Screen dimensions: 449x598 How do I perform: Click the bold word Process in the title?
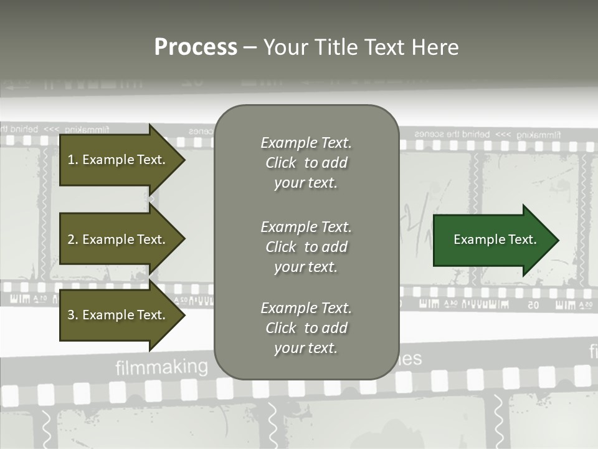point(196,47)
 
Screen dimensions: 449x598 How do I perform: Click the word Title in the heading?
point(336,47)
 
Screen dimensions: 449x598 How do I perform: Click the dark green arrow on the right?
point(492,239)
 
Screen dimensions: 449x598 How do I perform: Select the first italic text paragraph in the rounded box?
point(306,163)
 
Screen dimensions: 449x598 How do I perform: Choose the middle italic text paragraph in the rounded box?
point(306,246)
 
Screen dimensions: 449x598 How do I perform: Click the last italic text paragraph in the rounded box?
point(306,328)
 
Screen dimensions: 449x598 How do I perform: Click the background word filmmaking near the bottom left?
point(161,367)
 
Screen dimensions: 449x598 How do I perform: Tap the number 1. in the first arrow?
point(73,160)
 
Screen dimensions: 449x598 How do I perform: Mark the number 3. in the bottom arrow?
point(73,315)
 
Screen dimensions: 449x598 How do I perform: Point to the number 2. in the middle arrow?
point(73,239)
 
